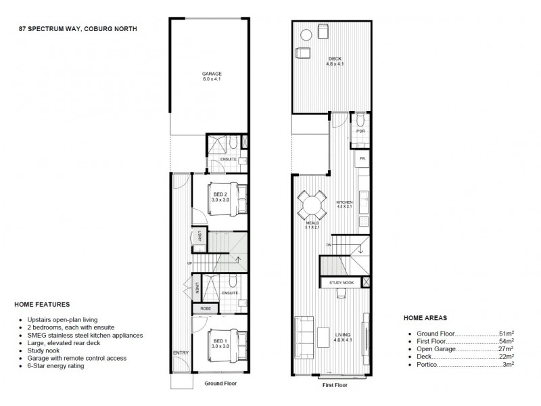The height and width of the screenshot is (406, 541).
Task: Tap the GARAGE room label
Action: click(x=212, y=74)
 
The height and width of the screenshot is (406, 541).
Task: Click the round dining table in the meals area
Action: click(x=313, y=204)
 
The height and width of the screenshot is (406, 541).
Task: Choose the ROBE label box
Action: click(x=204, y=309)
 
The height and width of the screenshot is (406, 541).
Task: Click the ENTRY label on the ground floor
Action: click(x=181, y=353)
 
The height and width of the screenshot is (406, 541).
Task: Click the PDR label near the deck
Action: click(x=360, y=131)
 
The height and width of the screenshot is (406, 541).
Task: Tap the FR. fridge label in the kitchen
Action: click(x=362, y=158)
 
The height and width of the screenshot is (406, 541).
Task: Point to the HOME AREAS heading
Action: click(x=425, y=317)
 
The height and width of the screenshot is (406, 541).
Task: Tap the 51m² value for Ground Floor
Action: click(x=505, y=334)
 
